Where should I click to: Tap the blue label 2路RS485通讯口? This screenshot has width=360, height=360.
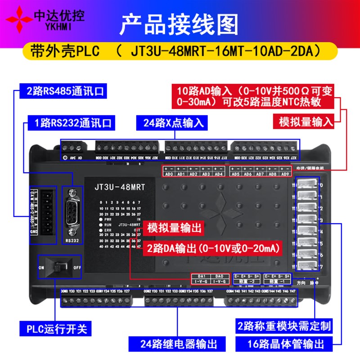click(63, 92)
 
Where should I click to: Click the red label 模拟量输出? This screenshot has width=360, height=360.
click(173, 227)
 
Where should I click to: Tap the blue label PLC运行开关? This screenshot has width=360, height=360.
click(53, 325)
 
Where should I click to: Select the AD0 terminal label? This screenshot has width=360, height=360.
click(169, 174)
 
